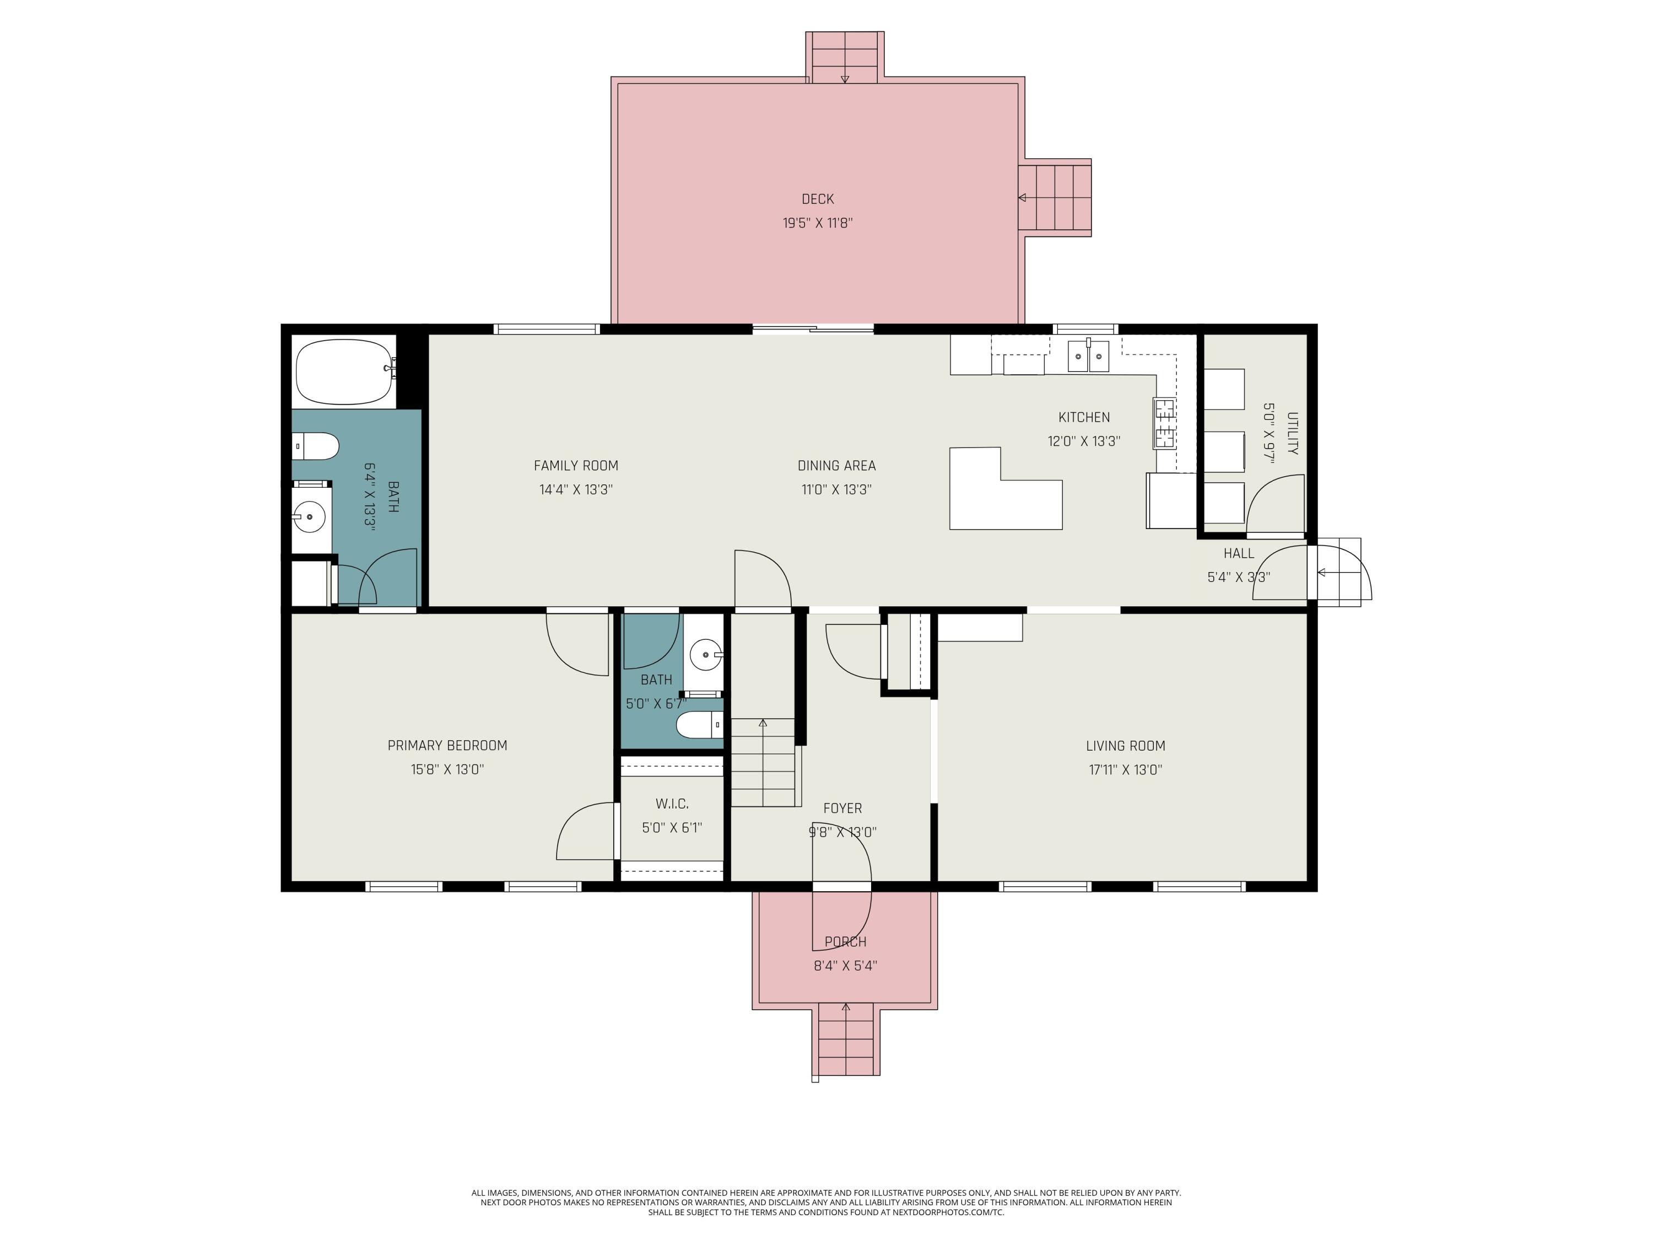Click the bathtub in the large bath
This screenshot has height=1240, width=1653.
pyautogui.click(x=345, y=371)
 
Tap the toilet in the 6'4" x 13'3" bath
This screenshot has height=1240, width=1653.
pyautogui.click(x=315, y=446)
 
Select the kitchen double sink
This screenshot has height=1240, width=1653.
pyautogui.click(x=1088, y=356)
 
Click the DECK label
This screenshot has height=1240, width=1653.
pyautogui.click(x=818, y=199)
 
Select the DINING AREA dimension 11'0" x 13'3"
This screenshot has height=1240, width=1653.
pyautogui.click(x=836, y=489)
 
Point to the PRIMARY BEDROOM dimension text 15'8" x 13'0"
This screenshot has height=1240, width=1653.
pyautogui.click(x=447, y=769)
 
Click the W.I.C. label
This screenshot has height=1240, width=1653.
pyautogui.click(x=672, y=804)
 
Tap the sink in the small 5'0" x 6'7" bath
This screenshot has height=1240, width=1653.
pyautogui.click(x=705, y=655)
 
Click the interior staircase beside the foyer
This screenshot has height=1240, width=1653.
pyautogui.click(x=762, y=762)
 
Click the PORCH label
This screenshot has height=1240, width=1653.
pyautogui.click(x=845, y=942)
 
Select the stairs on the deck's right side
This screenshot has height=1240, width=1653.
pyautogui.click(x=1055, y=197)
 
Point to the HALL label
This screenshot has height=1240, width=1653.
pyautogui.click(x=1238, y=554)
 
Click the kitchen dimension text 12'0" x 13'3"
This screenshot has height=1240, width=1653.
pyautogui.click(x=1084, y=441)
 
